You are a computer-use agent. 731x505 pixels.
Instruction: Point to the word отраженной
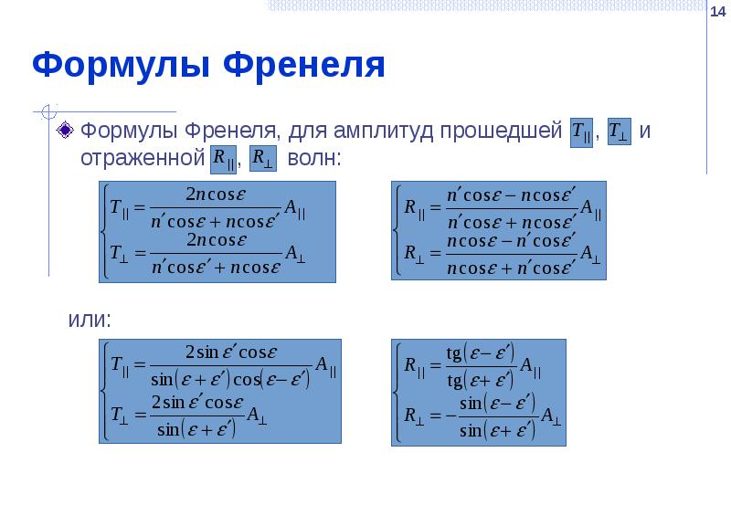(x=143, y=158)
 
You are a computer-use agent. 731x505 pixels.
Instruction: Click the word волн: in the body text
(x=314, y=158)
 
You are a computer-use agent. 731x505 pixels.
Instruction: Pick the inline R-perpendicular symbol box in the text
(x=262, y=159)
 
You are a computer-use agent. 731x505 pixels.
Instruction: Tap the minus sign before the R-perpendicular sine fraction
(x=450, y=416)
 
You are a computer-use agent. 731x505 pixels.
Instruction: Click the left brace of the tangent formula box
(x=398, y=393)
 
